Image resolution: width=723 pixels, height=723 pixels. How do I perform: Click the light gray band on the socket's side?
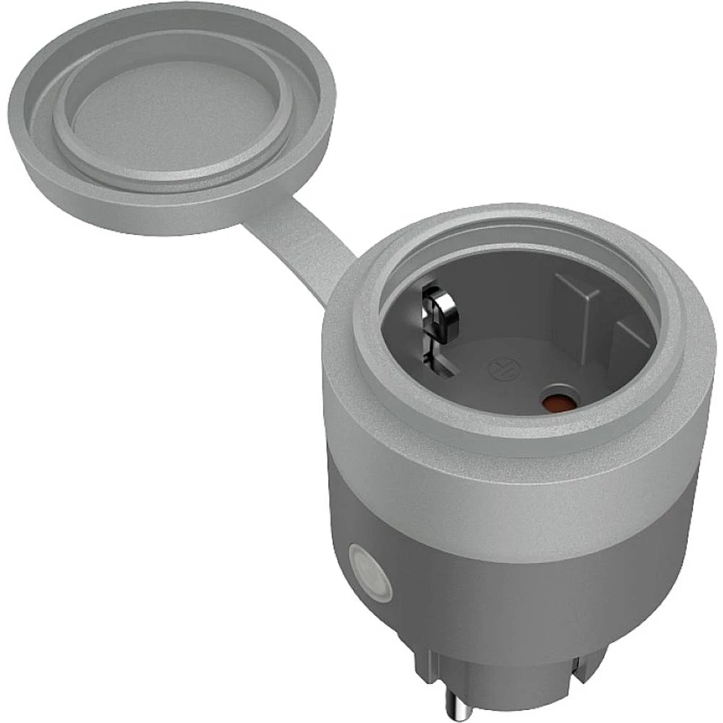[x=521, y=492]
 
